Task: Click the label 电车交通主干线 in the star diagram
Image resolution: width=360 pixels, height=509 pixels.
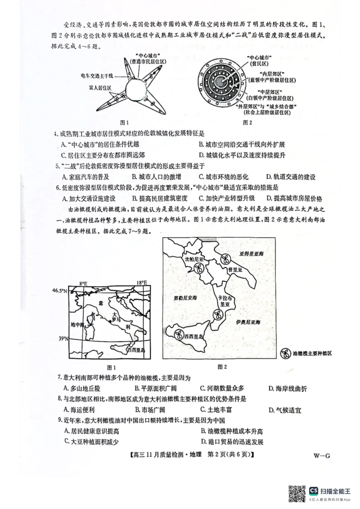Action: pos(97,76)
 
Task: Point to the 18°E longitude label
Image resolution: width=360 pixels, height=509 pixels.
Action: pos(142,283)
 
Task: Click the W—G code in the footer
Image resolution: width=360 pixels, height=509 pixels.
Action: pos(322,455)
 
